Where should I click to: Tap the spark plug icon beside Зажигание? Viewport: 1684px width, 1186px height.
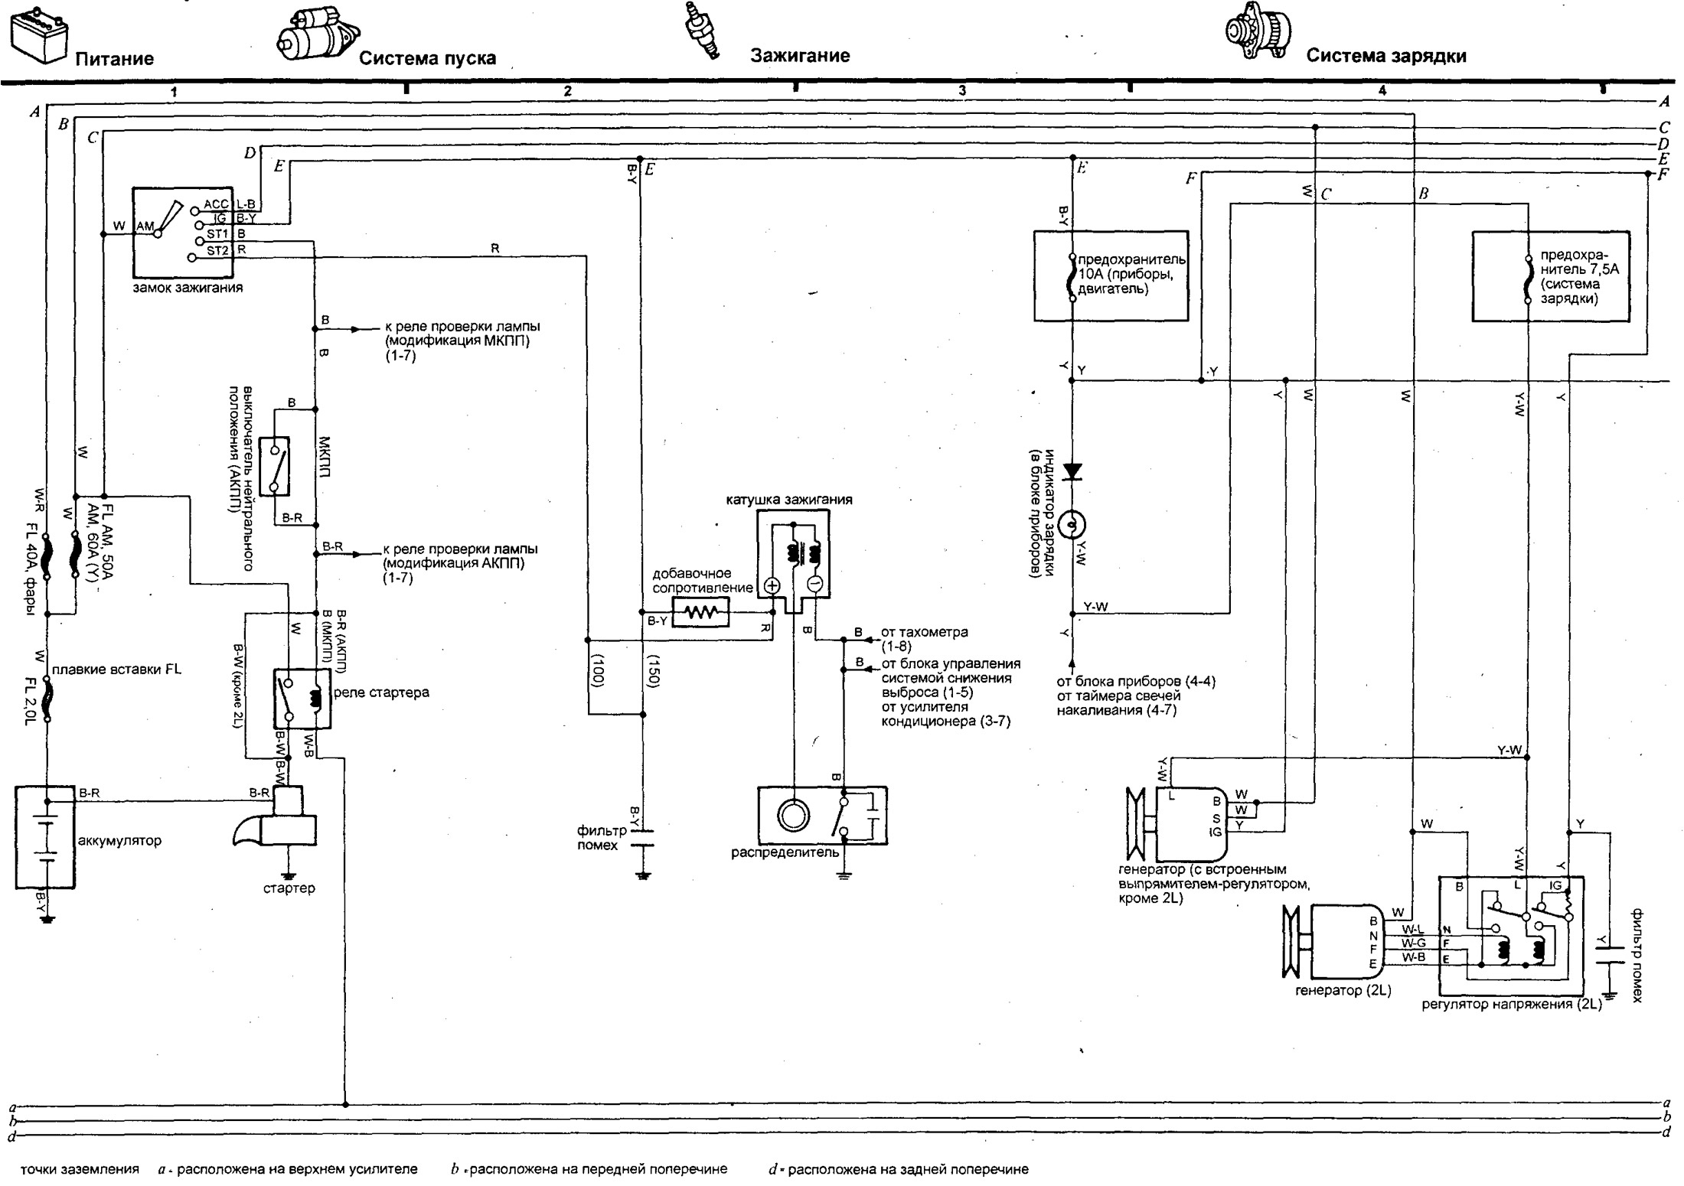(x=703, y=31)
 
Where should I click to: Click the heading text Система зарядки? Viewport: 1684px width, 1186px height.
(x=1386, y=56)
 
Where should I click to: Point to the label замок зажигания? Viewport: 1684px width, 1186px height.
(x=188, y=288)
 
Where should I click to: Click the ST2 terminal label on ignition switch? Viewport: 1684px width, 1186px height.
(x=217, y=250)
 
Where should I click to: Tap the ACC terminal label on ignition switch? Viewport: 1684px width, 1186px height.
(x=216, y=204)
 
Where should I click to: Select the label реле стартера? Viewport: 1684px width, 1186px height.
(x=381, y=692)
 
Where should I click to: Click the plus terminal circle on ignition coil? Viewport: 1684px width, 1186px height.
(x=772, y=587)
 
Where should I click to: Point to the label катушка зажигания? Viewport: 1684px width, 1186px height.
(x=789, y=500)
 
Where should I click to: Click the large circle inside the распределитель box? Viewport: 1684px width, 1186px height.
(x=793, y=816)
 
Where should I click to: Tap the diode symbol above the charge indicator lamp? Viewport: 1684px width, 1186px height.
(x=1072, y=472)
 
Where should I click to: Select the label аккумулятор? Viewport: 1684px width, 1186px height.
(x=120, y=841)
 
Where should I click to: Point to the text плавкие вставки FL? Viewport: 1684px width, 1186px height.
(x=117, y=670)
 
